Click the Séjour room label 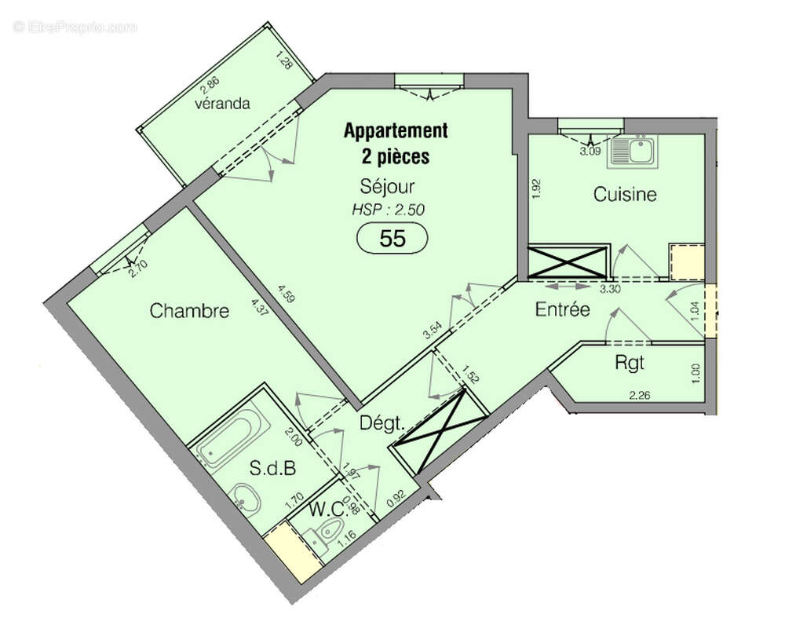coord(387,187)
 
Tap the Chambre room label coord(189,311)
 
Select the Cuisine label coord(625,194)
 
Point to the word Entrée coord(562,309)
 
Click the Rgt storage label coord(630,363)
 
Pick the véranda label coord(224,104)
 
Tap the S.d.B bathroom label coord(272,470)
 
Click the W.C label coord(327,509)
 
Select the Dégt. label coord(382,423)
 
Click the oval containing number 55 coord(392,239)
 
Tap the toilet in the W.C coord(320,537)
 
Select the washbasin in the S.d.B coord(247,497)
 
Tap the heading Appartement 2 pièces coord(396,143)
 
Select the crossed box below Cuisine coord(568,261)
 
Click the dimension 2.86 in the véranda coord(208,88)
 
